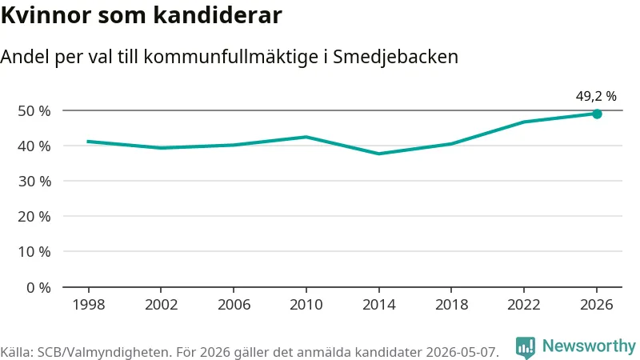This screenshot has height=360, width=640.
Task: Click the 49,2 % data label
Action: click(x=596, y=96)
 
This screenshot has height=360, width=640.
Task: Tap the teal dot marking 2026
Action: click(x=597, y=114)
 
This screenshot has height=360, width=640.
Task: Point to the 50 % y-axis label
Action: click(x=34, y=111)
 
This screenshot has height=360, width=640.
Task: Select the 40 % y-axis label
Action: click(x=34, y=146)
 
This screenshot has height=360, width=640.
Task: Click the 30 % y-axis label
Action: click(x=34, y=182)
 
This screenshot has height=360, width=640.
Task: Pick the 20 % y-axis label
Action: click(x=34, y=216)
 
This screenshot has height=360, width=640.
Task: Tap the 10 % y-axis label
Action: click(x=34, y=252)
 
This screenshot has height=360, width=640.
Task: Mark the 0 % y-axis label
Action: click(x=38, y=288)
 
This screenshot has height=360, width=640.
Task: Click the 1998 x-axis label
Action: click(x=89, y=305)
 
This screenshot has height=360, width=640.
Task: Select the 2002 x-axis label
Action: click(x=162, y=305)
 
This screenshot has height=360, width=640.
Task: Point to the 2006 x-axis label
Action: click(x=234, y=305)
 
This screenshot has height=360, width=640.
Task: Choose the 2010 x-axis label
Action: click(x=306, y=305)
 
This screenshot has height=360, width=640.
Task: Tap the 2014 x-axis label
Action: click(x=378, y=305)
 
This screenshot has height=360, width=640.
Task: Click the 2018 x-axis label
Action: click(x=451, y=305)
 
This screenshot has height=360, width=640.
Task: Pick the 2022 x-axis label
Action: click(x=524, y=305)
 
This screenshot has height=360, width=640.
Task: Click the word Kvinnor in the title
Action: click(x=46, y=15)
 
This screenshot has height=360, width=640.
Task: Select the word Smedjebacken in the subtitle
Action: click(x=395, y=57)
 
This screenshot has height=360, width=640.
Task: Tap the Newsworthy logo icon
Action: click(x=526, y=347)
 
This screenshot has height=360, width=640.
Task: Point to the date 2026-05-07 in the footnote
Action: click(x=462, y=352)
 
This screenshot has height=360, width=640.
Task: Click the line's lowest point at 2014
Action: click(x=378, y=154)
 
